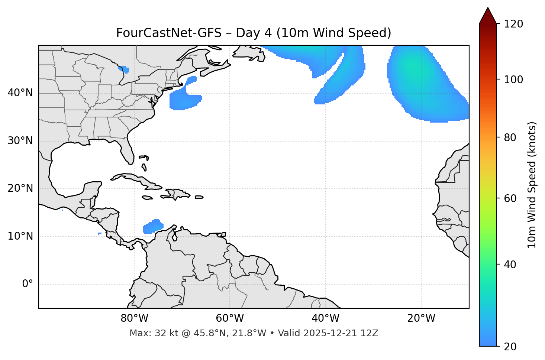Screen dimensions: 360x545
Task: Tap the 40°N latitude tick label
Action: pos(20,93)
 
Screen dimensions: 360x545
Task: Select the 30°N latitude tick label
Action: pos(20,141)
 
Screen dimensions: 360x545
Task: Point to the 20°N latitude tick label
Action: pos(20,188)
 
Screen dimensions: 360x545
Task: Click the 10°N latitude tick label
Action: pos(20,236)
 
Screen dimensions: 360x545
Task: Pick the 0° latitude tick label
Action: pos(27,284)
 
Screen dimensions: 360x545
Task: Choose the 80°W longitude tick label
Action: pos(134,318)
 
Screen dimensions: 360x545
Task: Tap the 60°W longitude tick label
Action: pos(230,318)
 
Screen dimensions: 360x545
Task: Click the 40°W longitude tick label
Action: pos(325,318)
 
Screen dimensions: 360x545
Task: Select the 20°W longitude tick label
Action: pos(421,318)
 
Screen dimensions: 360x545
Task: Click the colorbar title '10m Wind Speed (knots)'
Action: pos(532,185)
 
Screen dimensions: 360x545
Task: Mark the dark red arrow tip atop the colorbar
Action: pos(488,15)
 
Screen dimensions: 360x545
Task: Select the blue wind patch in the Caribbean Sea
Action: pos(153,226)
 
